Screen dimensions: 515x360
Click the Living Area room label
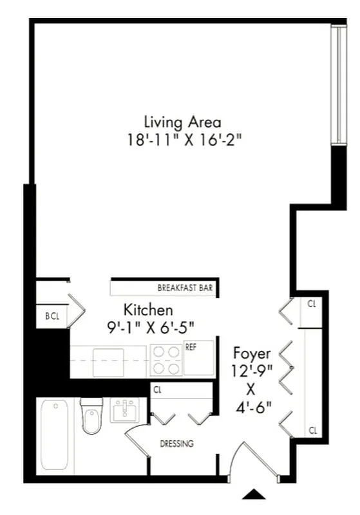(x=182, y=122)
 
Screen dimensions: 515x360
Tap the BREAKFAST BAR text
(x=185, y=288)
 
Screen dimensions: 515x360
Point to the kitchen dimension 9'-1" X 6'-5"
(x=150, y=327)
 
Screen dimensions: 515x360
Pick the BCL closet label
(x=52, y=316)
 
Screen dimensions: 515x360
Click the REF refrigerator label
(x=191, y=347)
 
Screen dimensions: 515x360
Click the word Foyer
(x=251, y=353)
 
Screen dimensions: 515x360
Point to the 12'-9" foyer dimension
(x=252, y=371)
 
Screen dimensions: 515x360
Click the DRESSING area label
(x=176, y=444)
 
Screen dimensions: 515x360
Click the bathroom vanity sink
(x=124, y=411)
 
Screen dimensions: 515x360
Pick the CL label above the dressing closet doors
(x=158, y=389)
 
